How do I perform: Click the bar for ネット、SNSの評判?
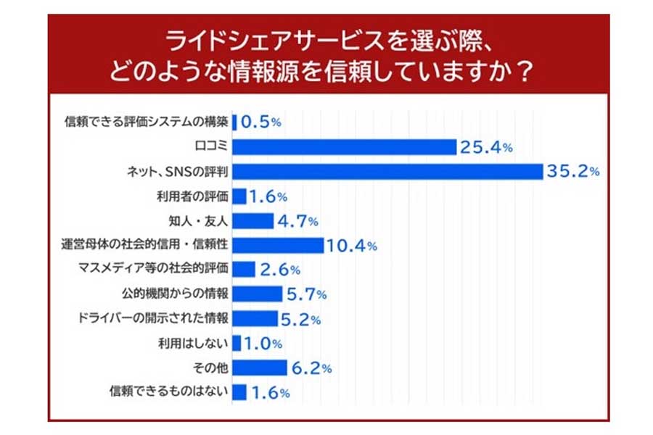point(388,171)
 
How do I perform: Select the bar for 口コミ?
point(345,146)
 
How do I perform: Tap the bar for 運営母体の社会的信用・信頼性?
point(279,245)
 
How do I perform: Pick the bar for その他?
point(260,368)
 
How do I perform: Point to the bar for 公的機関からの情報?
point(258,294)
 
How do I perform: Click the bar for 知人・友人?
point(253,220)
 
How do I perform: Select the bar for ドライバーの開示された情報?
point(255,318)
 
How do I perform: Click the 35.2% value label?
point(573,171)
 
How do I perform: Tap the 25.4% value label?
point(486,147)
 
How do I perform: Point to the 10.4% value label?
point(351,246)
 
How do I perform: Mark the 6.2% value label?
point(311,368)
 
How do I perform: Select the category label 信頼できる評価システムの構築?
point(147,122)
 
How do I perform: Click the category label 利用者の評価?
point(192,196)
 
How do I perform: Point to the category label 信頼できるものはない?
point(169,392)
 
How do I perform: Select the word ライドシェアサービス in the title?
point(239,40)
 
